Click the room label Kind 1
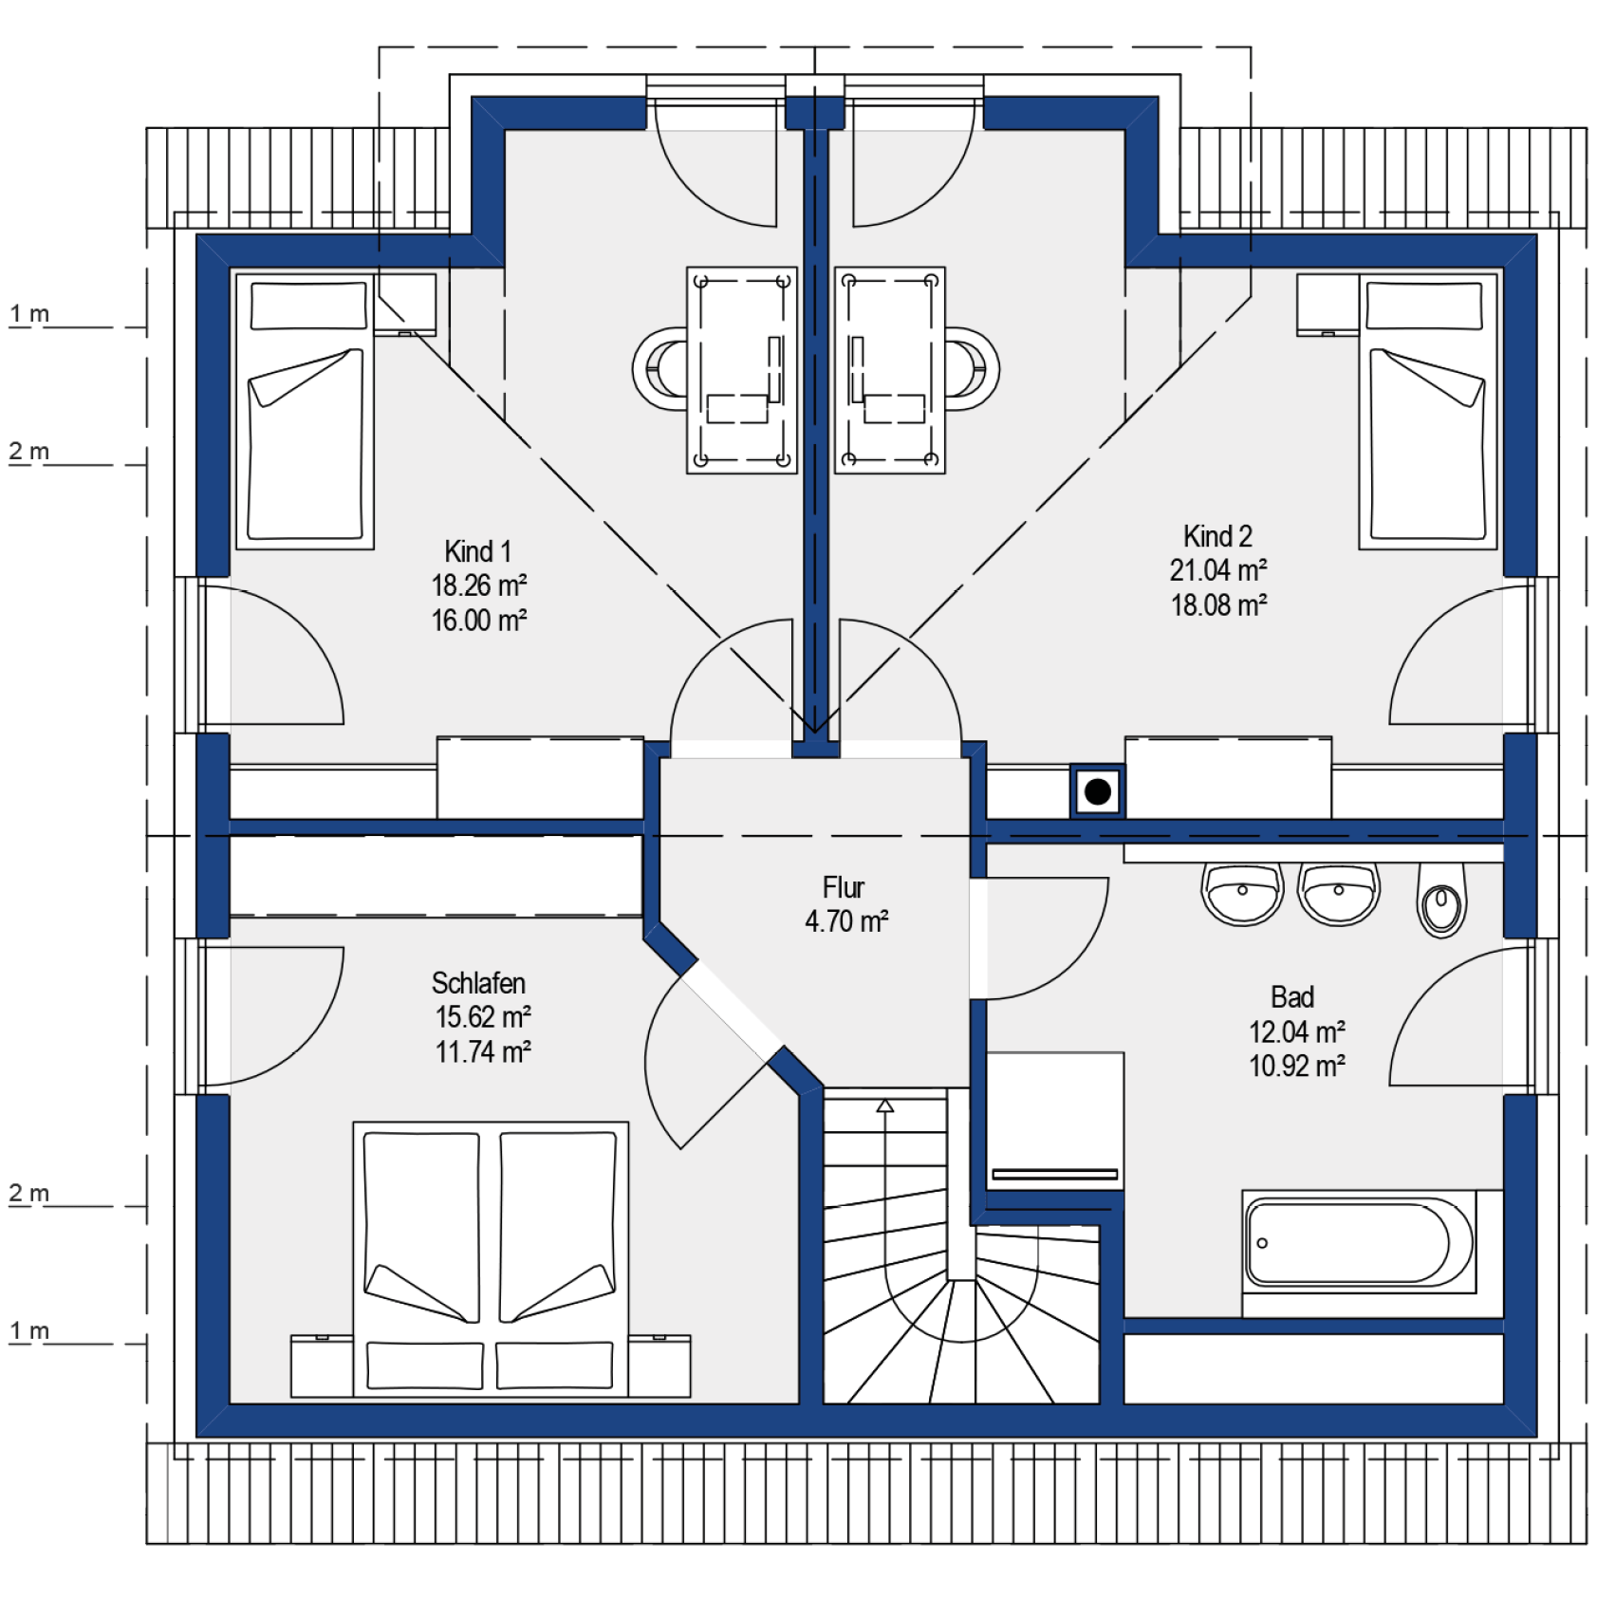[478, 551]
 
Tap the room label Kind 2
[1217, 536]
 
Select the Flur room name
[844, 887]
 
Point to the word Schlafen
[478, 982]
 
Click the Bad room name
[1292, 996]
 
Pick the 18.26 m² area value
[479, 585]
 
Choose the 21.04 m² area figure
[1218, 570]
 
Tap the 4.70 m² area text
[846, 920]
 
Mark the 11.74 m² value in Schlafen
[483, 1051]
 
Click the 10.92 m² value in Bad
[1297, 1066]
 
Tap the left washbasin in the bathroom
[1242, 893]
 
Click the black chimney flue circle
[1098, 791]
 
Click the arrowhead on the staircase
[885, 1105]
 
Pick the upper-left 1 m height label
[29, 313]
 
